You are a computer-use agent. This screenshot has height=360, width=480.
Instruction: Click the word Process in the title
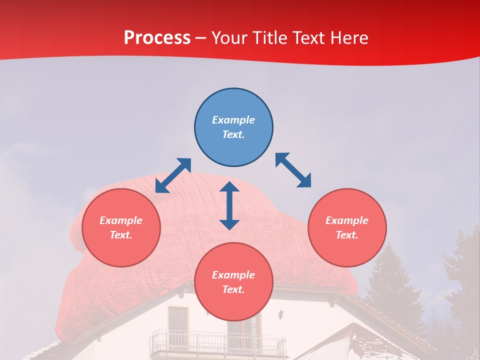157,38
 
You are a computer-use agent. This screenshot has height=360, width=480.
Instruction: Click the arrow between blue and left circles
173,175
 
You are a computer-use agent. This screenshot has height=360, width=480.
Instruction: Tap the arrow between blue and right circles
293,170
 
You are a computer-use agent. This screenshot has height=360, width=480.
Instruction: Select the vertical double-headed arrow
229,205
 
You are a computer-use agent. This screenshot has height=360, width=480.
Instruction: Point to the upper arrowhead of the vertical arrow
229,187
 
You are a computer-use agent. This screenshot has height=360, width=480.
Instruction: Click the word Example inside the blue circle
233,120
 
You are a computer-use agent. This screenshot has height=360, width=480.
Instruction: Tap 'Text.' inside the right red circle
347,235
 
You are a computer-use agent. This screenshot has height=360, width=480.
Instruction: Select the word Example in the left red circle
121,220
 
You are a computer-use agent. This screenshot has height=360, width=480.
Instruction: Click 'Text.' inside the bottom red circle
233,289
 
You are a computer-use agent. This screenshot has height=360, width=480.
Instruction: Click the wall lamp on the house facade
281,314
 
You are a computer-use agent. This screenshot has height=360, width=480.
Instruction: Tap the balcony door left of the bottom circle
178,322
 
